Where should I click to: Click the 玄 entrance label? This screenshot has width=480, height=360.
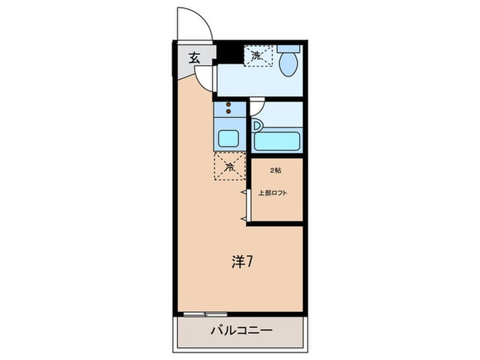(x=194, y=58)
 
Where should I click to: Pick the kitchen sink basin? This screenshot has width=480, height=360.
(x=229, y=136)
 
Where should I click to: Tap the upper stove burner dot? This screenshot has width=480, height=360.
(x=229, y=104)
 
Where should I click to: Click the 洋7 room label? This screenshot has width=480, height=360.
(x=244, y=261)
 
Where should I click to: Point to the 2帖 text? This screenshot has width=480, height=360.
(x=275, y=169)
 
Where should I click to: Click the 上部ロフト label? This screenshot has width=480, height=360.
(x=273, y=193)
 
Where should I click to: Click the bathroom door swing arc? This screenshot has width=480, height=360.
(x=255, y=106)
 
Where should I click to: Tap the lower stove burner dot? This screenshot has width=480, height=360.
(x=229, y=112)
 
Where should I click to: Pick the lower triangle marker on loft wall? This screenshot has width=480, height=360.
(x=243, y=218)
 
